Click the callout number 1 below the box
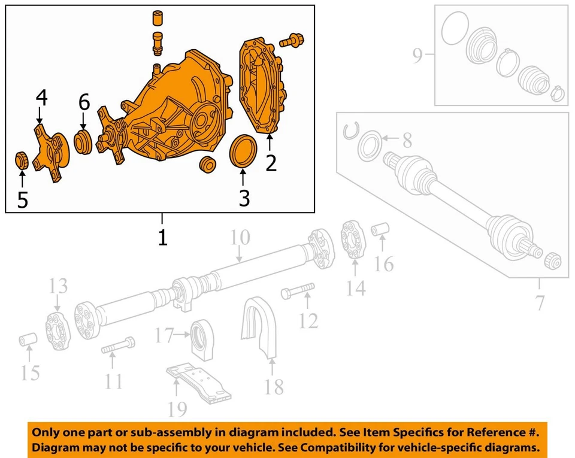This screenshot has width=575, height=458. coord(162,237)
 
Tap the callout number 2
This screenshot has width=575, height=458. coord(271,162)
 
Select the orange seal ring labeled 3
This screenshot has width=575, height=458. coord(243,151)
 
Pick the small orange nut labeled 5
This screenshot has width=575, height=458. coord(22,160)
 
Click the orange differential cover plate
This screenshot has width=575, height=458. coord(260,87)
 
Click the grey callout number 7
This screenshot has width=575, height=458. coord(540,302)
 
